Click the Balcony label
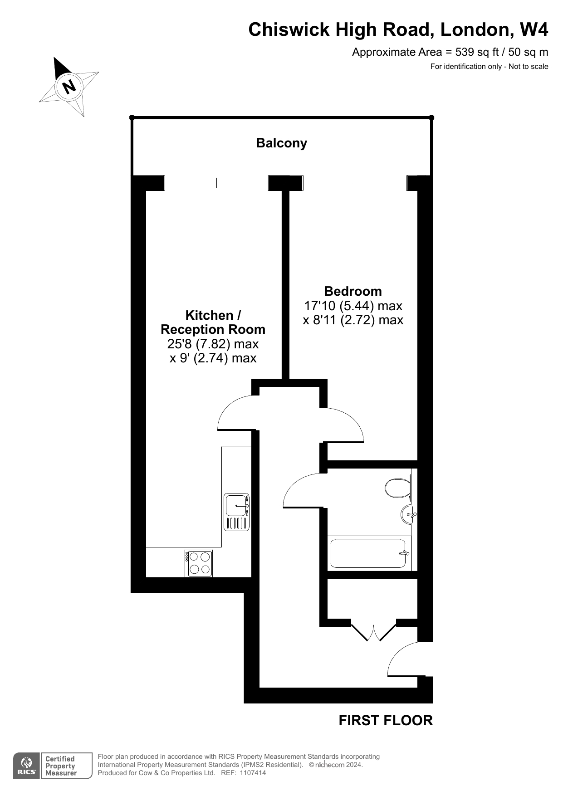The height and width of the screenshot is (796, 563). point(281,143)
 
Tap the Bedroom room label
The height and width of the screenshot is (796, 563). point(353,291)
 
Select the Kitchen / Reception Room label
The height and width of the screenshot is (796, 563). point(213,322)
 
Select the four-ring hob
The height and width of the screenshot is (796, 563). point(199,563)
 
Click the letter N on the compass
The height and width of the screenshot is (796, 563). point(69,86)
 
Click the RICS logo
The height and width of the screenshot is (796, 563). point(26,766)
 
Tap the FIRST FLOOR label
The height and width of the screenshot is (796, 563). point(386,720)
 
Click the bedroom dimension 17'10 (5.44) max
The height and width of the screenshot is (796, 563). point(353,306)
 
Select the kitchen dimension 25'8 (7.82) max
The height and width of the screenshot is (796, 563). point(213,344)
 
